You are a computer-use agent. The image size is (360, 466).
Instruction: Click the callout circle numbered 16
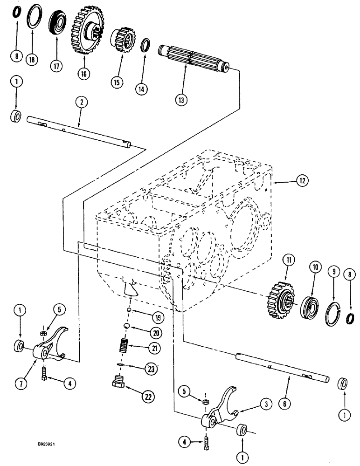pos(84,74)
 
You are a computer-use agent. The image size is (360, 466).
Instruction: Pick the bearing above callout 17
pos(57,23)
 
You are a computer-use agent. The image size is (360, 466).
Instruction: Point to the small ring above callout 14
pos(146,45)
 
